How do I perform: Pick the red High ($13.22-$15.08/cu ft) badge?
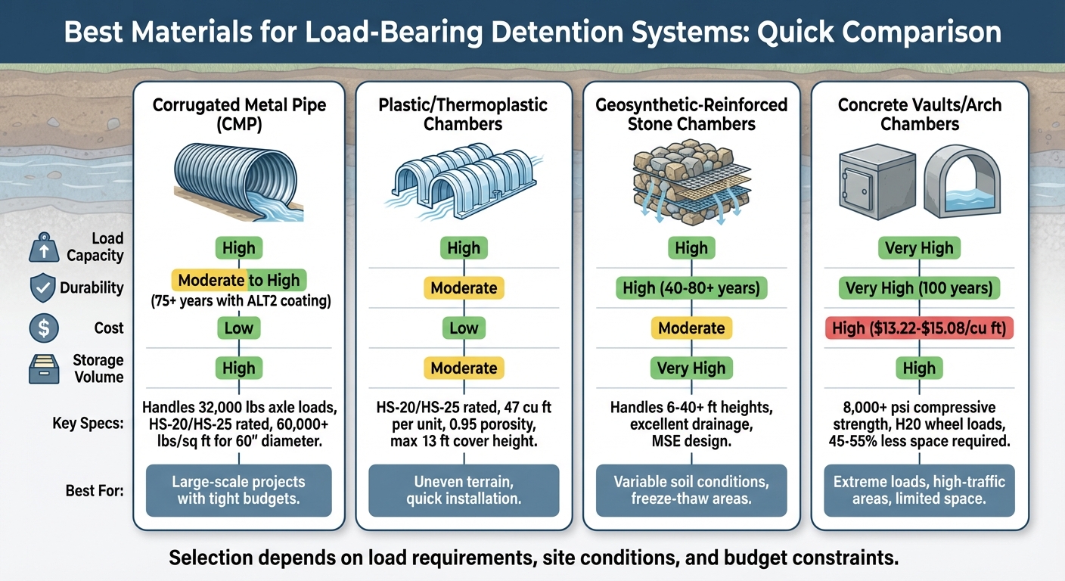pos(920,328)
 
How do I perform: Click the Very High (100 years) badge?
pos(920,288)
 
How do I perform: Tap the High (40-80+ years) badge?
pos(691,288)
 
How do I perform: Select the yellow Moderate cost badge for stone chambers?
pos(691,328)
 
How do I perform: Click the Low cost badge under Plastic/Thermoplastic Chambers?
pos(464,328)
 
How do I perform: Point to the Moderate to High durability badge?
pos(239,280)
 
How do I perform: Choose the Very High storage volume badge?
pos(691,368)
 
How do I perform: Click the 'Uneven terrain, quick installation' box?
pos(464,490)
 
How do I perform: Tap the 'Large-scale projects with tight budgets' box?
pos(239,490)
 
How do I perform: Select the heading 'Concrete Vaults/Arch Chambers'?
pos(920,113)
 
